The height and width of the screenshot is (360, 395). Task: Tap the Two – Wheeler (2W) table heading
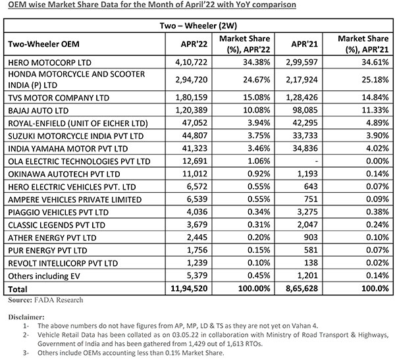[x=197, y=26]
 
